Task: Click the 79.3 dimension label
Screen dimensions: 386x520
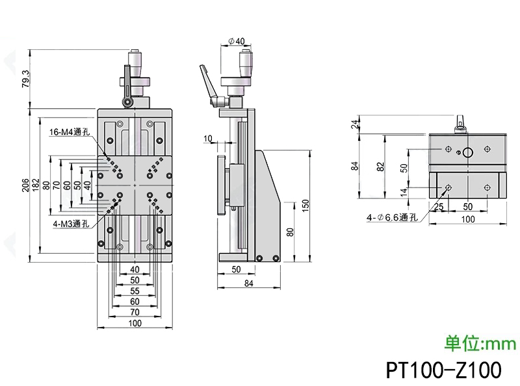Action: [x=25, y=79]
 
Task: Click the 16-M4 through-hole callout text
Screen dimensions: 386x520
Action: [x=70, y=132]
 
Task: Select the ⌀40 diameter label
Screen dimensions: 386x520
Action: [x=237, y=42]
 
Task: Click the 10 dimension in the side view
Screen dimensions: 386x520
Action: [x=207, y=138]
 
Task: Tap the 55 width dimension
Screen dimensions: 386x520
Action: [x=135, y=291]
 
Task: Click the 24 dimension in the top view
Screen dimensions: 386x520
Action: [x=355, y=125]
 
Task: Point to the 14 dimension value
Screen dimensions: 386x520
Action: [x=405, y=191]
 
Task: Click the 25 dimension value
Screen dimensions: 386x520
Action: [x=439, y=207]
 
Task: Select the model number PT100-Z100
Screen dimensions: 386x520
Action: [x=443, y=370]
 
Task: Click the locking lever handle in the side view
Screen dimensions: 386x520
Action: [x=207, y=78]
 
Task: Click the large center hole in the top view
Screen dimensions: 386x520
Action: [x=467, y=153]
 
